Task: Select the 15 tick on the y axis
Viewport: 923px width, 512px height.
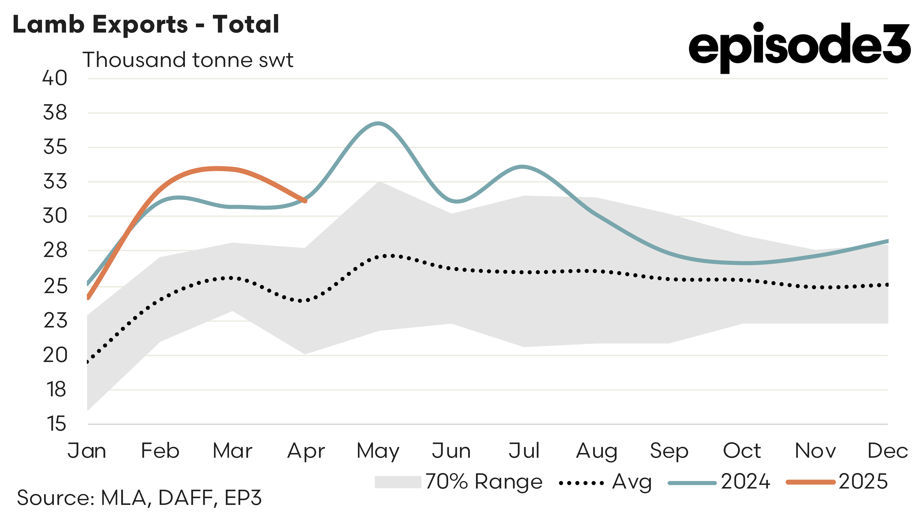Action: coord(56,424)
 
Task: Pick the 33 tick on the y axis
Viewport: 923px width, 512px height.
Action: coord(55,181)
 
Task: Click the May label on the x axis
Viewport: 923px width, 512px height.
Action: coord(378,451)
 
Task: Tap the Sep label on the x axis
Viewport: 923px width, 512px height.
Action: coord(669,451)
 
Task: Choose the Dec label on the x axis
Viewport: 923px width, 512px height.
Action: coord(887,451)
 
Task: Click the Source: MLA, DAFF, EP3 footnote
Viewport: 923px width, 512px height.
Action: coord(139,498)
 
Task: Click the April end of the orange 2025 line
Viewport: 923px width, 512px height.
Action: coord(305,201)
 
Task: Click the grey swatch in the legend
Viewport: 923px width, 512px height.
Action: coord(398,482)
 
